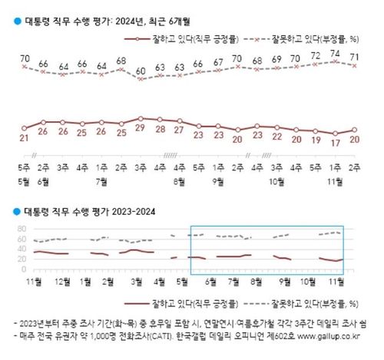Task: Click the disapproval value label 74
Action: (335, 53)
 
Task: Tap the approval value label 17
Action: (335, 142)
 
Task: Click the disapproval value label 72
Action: (315, 56)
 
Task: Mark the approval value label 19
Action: (315, 140)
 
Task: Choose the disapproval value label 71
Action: (355, 56)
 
